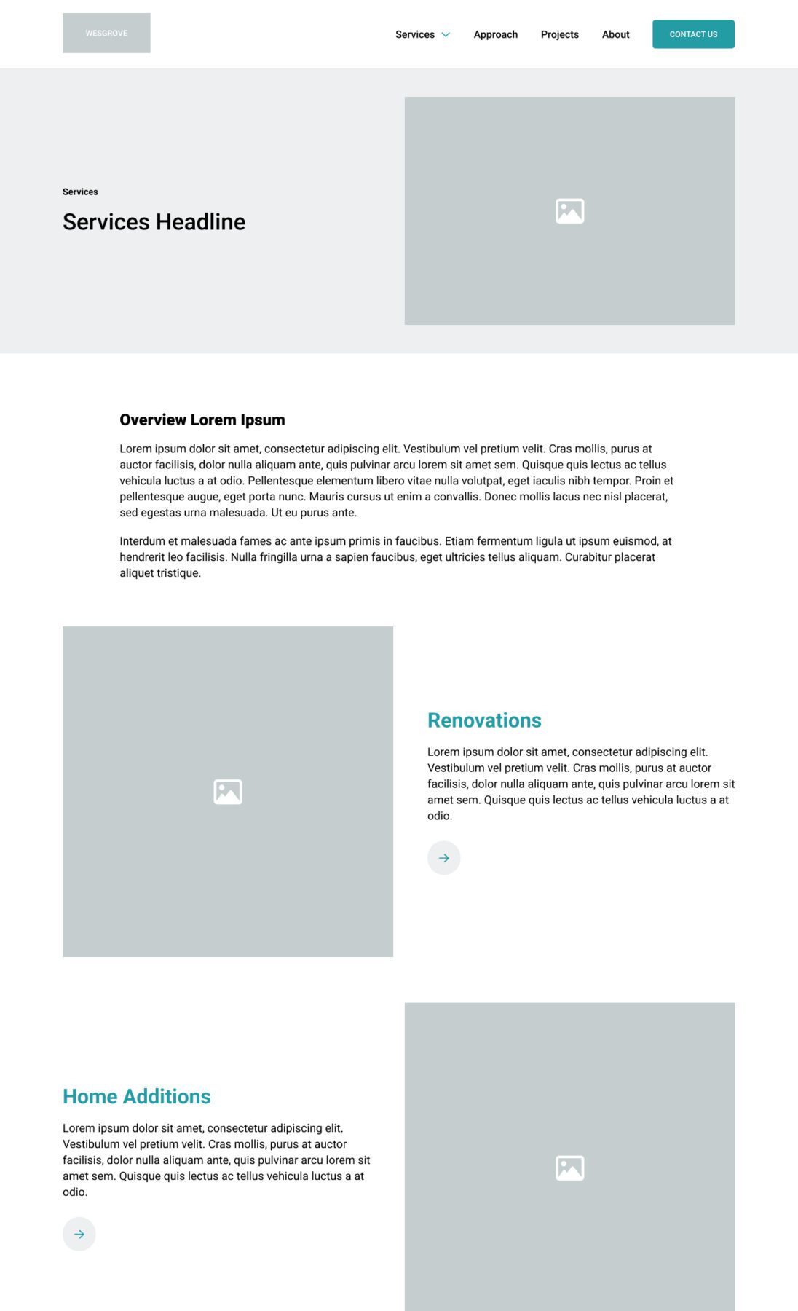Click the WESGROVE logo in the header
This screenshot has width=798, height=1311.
106,33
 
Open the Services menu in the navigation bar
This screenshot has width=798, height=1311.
415,34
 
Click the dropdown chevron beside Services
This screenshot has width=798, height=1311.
446,34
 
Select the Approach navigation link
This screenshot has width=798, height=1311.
495,34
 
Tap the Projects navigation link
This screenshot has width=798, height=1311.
559,34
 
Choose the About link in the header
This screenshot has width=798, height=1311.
615,34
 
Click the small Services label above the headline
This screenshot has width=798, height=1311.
80,192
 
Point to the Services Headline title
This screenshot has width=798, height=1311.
154,222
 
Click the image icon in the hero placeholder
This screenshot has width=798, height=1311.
569,211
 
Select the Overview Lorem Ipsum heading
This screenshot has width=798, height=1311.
202,420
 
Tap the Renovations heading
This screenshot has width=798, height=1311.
484,720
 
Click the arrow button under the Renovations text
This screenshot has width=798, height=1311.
443,858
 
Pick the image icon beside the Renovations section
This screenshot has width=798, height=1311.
228,792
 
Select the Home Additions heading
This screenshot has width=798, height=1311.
136,1097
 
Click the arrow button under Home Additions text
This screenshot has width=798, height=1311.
79,1235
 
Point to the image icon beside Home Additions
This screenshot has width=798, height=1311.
569,1168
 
